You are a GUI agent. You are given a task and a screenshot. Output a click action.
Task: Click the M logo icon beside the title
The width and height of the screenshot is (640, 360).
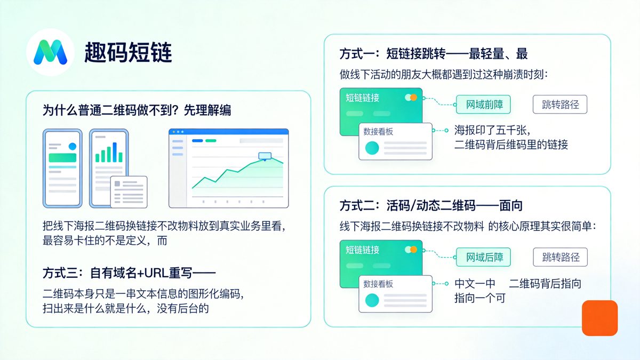(x=50, y=53)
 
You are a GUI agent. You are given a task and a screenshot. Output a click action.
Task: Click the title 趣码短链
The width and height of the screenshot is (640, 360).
(x=128, y=53)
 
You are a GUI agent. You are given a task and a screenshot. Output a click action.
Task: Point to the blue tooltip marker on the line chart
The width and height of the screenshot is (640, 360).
(x=265, y=156)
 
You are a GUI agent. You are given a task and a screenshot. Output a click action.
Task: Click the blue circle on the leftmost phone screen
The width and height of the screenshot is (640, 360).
(x=72, y=146)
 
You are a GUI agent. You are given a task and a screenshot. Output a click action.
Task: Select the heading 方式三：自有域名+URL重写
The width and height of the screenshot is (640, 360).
(x=129, y=273)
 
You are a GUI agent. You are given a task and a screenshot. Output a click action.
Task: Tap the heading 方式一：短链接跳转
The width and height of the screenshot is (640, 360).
(x=434, y=54)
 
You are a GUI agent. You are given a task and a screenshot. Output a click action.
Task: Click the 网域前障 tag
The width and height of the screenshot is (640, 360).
(x=483, y=105)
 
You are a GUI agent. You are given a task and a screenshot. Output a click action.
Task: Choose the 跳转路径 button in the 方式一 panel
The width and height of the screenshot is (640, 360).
(x=560, y=105)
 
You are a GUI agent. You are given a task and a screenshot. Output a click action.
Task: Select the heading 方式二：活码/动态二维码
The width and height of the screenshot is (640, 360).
(x=431, y=206)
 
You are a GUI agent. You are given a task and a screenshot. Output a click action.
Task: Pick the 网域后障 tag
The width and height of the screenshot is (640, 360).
(x=483, y=257)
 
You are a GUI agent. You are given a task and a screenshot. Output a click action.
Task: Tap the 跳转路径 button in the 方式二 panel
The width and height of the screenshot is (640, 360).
(x=560, y=257)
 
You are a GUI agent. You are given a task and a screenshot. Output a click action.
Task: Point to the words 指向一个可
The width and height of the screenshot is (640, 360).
(x=479, y=298)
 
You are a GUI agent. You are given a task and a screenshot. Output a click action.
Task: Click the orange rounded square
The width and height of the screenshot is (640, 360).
(x=599, y=318)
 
